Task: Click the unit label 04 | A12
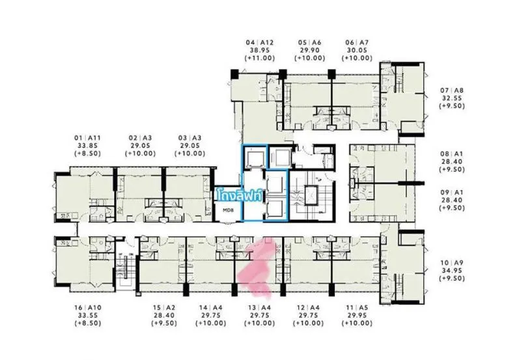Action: click(x=259, y=42)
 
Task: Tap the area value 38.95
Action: click(x=259, y=50)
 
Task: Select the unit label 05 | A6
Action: click(x=310, y=42)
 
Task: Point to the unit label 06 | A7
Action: click(x=357, y=42)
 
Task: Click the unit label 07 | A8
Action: click(x=452, y=90)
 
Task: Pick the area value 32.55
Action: click(x=452, y=98)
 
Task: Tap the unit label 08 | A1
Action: click(x=452, y=154)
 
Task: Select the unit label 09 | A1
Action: click(x=452, y=192)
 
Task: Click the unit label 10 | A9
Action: click(x=452, y=263)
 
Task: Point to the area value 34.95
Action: click(x=452, y=270)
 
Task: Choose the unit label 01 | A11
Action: click(x=87, y=138)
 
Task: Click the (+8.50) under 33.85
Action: click(x=87, y=154)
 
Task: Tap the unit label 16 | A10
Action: click(x=88, y=308)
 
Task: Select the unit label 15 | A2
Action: click(x=164, y=308)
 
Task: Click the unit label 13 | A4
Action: click(x=259, y=308)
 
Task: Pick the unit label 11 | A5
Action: click(x=357, y=308)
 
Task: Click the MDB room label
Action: click(x=229, y=210)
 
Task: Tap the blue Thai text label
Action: click(x=239, y=195)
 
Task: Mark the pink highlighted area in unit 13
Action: click(x=257, y=266)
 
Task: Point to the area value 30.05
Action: click(x=357, y=50)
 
